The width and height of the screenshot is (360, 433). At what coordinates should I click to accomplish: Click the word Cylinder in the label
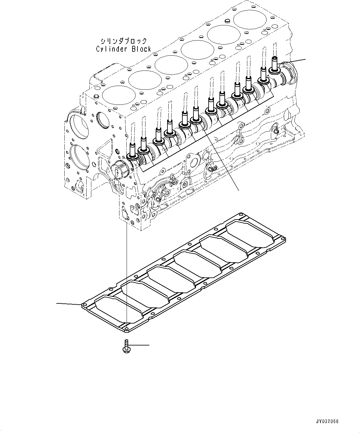(x=109, y=49)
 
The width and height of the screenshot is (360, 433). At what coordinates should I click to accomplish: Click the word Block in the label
(x=141, y=49)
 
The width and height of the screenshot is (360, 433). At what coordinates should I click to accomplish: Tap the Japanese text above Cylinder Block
(x=123, y=41)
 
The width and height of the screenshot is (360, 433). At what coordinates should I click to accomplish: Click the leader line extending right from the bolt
(x=139, y=345)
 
